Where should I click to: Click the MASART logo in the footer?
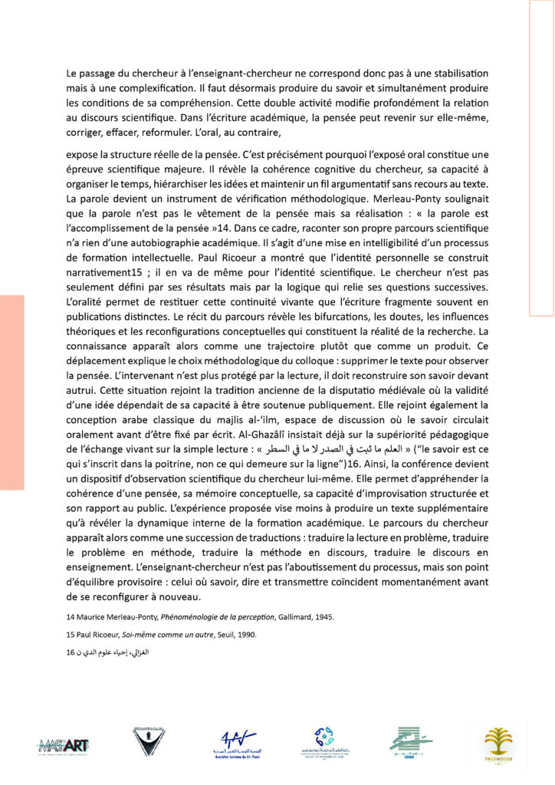click(65, 743)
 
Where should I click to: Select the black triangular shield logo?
click(146, 741)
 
